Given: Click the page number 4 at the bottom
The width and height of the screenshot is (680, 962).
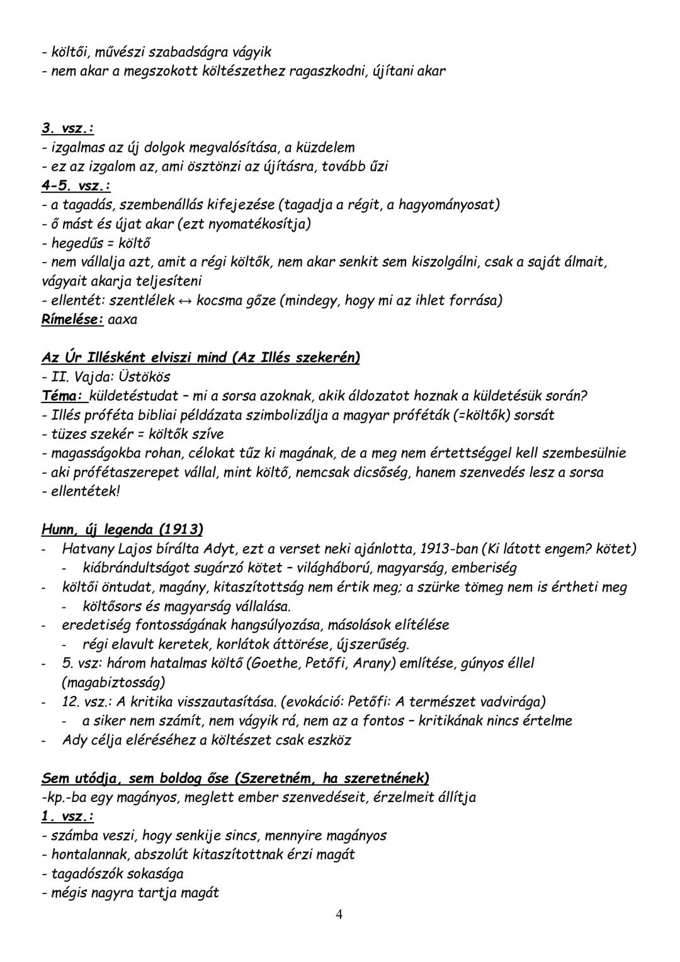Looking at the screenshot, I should point(339,915).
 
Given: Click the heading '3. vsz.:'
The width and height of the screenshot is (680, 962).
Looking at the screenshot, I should point(67,128).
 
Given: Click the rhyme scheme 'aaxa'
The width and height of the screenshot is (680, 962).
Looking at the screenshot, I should point(123,319).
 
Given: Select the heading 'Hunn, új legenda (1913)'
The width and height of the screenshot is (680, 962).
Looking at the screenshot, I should point(122,529).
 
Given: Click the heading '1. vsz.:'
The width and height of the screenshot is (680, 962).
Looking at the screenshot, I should point(67,816).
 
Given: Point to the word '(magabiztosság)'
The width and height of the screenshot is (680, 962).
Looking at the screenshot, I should point(113,682).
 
